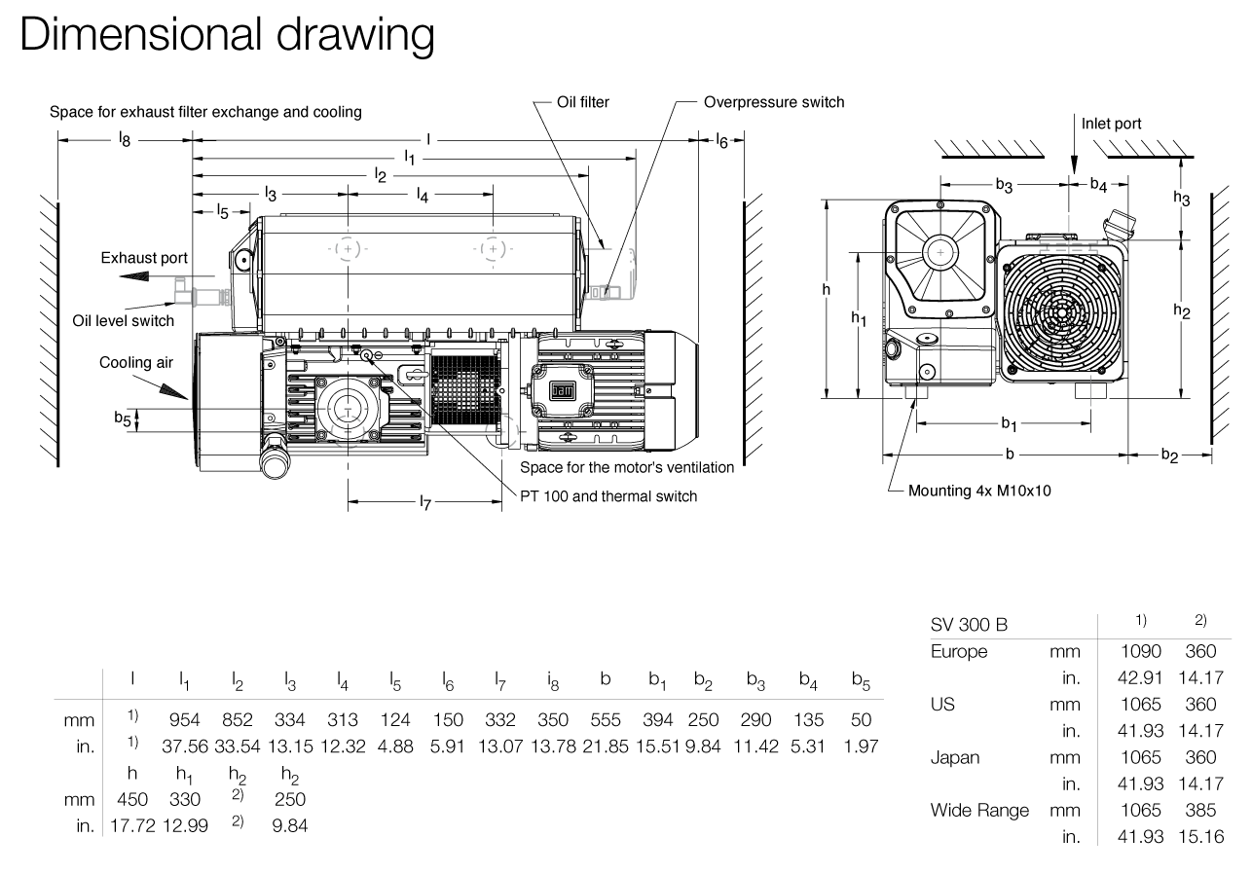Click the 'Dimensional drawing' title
coord(226,34)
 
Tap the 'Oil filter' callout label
coord(583,102)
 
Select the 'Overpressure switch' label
coord(774,102)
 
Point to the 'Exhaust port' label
coord(144,258)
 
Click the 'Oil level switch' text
coord(124,320)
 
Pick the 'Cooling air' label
coord(136,363)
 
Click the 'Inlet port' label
coord(1111,124)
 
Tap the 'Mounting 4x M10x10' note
coord(979,491)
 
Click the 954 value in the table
coord(185,720)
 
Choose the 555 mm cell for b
coord(606,720)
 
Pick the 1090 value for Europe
coord(1142,652)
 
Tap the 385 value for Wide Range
coord(1201,810)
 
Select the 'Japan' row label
coord(955,757)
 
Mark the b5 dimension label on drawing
coord(122,419)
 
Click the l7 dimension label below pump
coord(425,502)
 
